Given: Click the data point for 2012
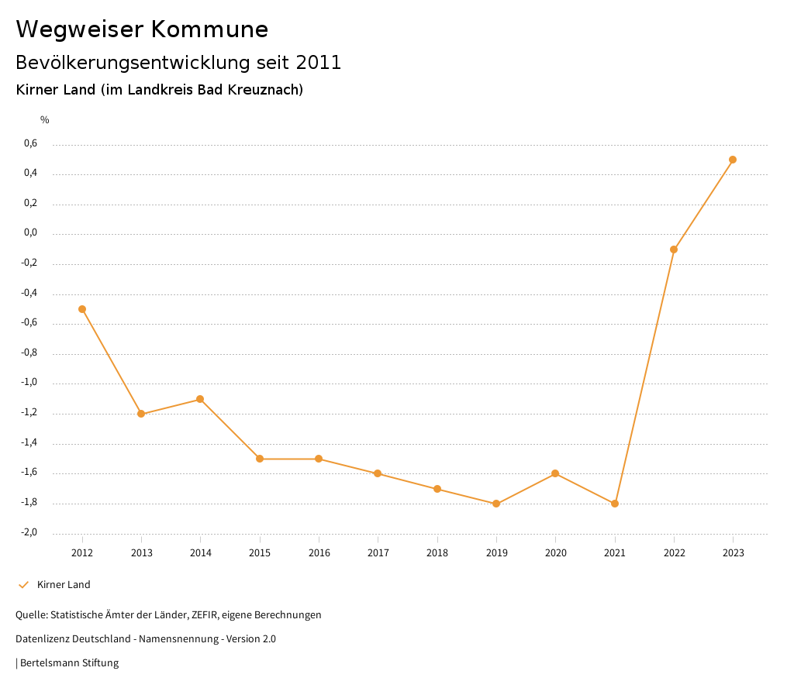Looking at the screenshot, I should pos(82,309).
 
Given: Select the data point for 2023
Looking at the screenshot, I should pos(733,160).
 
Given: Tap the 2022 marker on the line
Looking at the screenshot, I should pos(674,249).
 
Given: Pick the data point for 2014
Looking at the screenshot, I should pos(200,399).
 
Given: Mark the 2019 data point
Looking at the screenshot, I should pos(496,504).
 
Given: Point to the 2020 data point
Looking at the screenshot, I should pos(555,473).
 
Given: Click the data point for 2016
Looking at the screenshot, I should pos(319,459).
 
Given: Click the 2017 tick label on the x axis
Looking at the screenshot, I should pos(378,553).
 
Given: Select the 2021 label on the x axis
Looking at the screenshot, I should pos(615,553).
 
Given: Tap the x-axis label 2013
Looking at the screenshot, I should pos(141,553).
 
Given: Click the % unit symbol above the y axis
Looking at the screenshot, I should pos(45,120).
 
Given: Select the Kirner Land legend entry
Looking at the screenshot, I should pos(64,585).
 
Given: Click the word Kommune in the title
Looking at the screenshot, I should pos(209,29).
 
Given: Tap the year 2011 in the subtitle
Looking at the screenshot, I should pos(319,63).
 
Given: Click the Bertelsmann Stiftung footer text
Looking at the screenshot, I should pos(69,663).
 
